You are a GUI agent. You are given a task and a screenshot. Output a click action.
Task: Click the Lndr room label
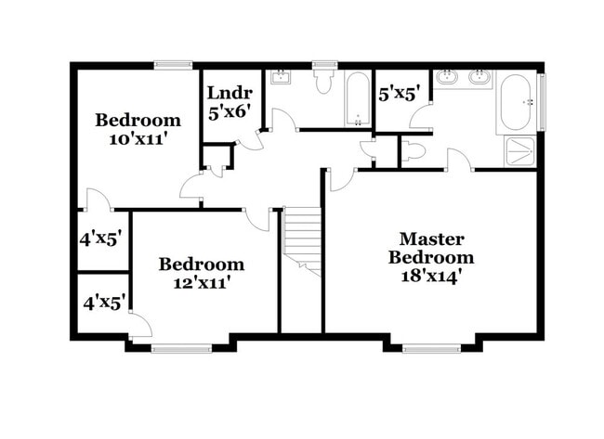[223, 93]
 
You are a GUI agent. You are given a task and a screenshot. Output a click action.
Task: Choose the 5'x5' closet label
[400, 93]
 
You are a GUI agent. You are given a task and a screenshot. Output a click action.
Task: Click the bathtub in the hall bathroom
[358, 99]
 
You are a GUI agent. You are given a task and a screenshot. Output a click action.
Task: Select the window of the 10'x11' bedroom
[173, 64]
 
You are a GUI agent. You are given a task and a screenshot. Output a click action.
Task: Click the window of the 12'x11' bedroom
[176, 349]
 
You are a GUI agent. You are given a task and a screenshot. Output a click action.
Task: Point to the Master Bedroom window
[431, 349]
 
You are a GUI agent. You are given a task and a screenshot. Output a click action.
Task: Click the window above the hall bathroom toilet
[323, 64]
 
